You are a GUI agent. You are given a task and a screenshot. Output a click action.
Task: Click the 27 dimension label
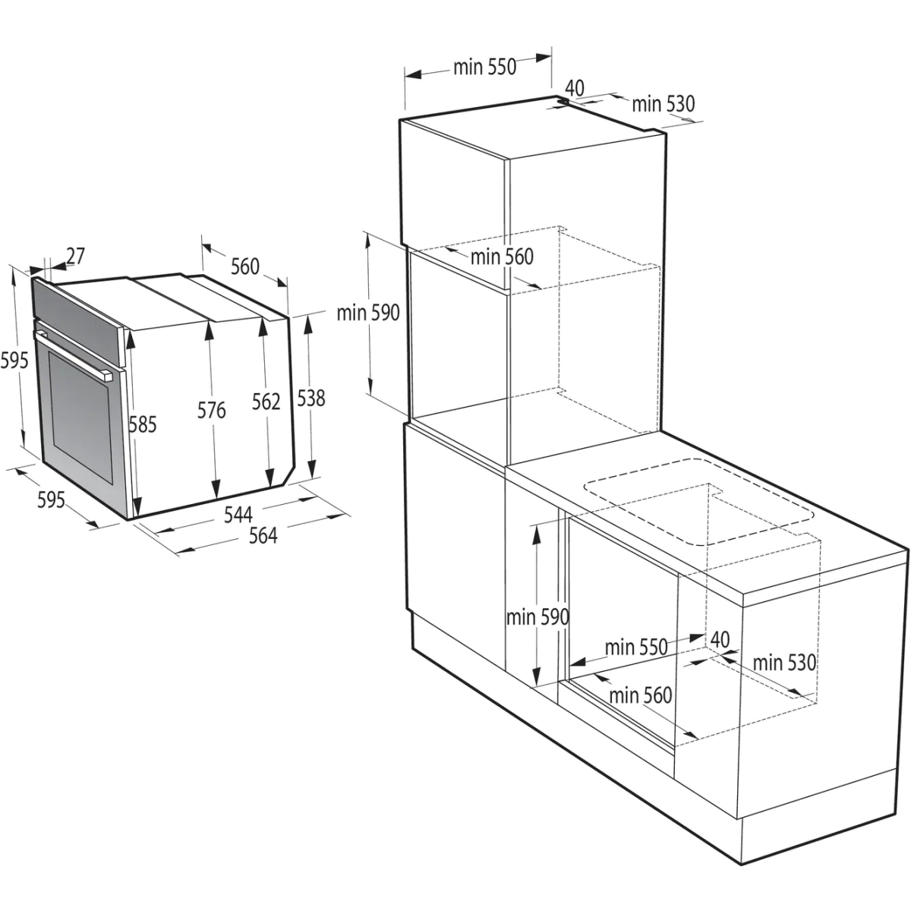tap(75, 257)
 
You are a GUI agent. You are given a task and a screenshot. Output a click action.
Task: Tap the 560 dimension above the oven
tap(245, 266)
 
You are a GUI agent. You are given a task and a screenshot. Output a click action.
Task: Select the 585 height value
tap(142, 424)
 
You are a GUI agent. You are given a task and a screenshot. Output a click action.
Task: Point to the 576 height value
tap(212, 410)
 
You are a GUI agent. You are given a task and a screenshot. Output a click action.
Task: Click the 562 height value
tap(266, 402)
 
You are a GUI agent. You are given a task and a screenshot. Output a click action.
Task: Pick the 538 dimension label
tap(310, 397)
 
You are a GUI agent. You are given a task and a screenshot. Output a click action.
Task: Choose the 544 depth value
tap(238, 514)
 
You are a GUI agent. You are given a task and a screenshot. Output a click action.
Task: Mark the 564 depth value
tap(263, 535)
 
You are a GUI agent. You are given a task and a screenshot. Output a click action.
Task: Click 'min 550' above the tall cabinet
tap(484, 67)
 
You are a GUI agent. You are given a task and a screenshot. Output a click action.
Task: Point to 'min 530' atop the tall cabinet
tap(663, 104)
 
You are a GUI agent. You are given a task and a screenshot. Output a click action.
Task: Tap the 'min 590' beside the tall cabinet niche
tap(369, 312)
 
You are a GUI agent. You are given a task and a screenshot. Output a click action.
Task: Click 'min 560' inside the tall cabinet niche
tap(502, 257)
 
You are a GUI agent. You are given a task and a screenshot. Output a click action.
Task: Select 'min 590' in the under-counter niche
tap(537, 617)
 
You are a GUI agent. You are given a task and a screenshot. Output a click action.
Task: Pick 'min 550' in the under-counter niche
tap(636, 648)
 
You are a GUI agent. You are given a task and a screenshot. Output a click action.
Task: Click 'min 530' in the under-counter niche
tap(784, 662)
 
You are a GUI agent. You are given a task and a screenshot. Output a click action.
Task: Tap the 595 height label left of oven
tap(14, 359)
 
